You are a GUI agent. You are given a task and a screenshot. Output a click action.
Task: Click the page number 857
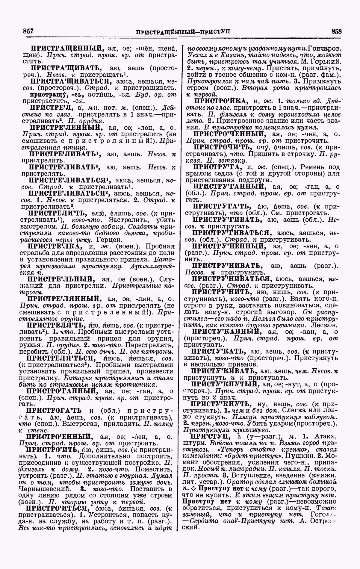[x=28, y=31]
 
